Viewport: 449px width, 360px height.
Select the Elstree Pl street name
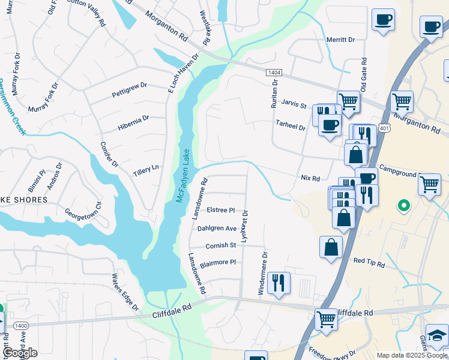220,211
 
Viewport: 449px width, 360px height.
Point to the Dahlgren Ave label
217,229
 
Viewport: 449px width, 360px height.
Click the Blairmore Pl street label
217,263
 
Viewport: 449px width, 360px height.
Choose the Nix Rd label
310,178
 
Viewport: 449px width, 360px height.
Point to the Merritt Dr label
340,40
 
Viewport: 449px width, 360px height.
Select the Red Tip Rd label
368,260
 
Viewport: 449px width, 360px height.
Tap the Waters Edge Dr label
124,292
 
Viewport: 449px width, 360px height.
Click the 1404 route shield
274,72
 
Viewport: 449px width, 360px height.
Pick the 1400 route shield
20,325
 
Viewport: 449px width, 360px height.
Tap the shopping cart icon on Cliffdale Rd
326,318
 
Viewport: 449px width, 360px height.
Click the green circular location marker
403,206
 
